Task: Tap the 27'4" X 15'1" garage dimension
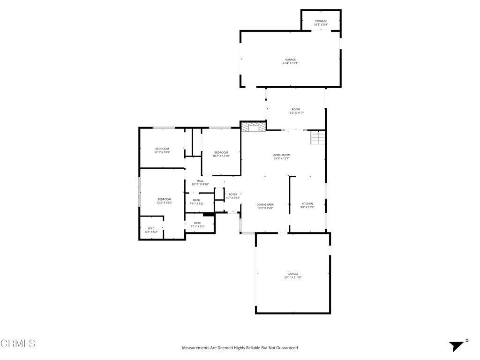(290, 63)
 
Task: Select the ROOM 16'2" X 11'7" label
(296, 111)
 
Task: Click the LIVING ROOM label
(281, 157)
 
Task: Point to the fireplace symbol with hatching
(253, 127)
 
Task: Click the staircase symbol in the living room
(318, 138)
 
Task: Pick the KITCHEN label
(307, 205)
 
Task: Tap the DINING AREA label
(265, 206)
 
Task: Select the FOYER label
(233, 196)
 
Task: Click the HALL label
(200, 182)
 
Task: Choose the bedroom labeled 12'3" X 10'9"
(162, 150)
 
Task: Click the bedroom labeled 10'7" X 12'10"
(221, 154)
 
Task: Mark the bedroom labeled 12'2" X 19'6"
(164, 201)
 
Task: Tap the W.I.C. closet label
(151, 230)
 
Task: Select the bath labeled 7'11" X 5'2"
(196, 202)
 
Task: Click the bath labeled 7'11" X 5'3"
(197, 225)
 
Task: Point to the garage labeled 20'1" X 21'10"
(292, 276)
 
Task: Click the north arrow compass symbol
(457, 345)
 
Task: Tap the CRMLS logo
(18, 344)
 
